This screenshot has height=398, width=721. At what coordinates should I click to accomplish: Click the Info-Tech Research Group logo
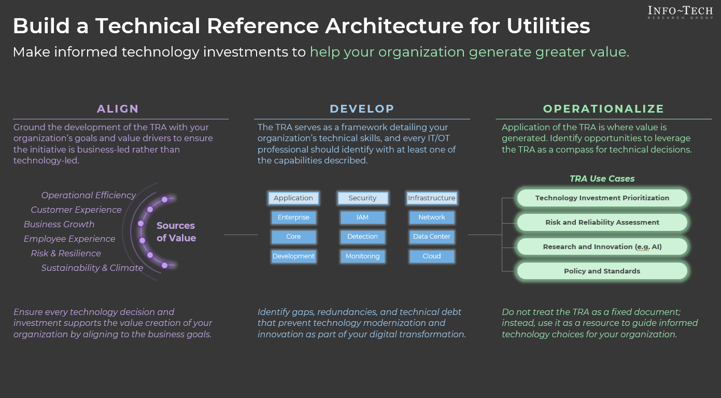(680, 12)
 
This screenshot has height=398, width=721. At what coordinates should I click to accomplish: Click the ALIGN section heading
(118, 109)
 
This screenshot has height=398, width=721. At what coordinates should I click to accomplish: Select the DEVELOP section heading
(362, 109)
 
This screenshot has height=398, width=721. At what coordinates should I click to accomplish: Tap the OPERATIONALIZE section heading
(603, 109)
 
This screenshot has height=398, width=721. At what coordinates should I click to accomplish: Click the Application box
(293, 198)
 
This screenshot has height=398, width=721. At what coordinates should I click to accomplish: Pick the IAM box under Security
(362, 217)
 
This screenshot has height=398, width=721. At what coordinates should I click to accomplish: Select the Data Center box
(431, 237)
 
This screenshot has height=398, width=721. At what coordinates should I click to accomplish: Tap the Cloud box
(431, 256)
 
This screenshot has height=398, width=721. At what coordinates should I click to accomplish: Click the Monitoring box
(362, 256)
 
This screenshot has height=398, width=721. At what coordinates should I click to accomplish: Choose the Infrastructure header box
(431, 198)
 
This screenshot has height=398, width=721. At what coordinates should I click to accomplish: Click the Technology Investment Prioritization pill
(602, 198)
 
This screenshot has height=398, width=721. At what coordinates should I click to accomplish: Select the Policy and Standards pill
(602, 271)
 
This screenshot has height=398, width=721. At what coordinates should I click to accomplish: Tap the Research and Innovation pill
(602, 247)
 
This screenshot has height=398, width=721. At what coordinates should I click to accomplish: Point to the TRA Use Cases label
(602, 179)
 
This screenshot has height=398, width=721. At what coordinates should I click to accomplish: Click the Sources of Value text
(176, 232)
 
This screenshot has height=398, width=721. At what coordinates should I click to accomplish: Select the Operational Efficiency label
(89, 195)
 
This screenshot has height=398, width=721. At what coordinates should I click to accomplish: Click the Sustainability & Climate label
(92, 268)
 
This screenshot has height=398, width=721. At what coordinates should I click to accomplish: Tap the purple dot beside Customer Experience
(150, 210)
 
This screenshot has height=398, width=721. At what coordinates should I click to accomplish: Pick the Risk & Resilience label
(66, 253)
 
